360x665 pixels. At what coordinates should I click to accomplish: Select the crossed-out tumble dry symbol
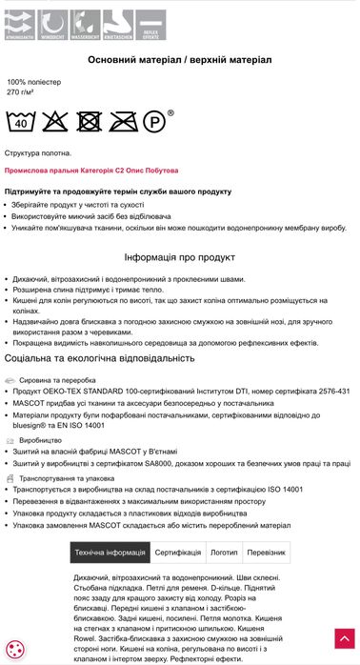click(89, 121)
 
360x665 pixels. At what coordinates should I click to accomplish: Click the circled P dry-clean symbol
click(153, 121)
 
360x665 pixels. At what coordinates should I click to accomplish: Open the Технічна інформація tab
click(110, 553)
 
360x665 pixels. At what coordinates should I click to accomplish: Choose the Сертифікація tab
click(178, 553)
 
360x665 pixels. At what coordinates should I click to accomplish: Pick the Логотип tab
click(224, 553)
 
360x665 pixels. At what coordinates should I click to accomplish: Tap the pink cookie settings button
click(17, 648)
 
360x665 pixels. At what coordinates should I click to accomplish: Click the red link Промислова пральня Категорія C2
click(90, 171)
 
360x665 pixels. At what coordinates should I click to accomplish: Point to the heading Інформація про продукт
click(179, 257)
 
